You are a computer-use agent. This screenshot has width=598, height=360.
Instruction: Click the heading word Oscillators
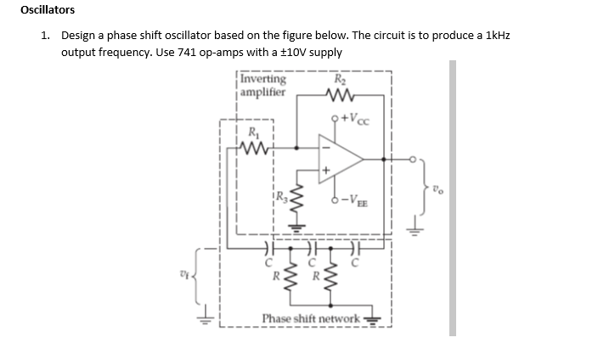point(48,10)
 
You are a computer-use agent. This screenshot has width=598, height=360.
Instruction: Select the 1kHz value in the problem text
point(499,37)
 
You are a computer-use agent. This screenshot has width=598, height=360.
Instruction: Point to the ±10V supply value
point(296,52)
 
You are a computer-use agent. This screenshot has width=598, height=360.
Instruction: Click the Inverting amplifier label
point(263,86)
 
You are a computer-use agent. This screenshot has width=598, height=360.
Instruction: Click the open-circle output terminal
point(415,158)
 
